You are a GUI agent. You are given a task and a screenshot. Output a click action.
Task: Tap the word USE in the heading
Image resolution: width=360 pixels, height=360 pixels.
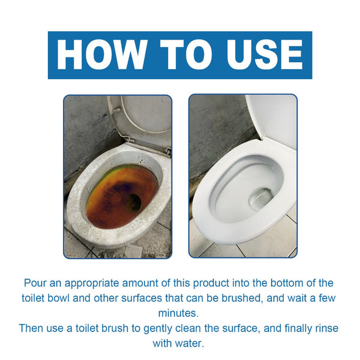click(x=260, y=55)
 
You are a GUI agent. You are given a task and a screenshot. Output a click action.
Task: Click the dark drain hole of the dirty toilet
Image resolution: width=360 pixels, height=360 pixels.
click(x=134, y=203)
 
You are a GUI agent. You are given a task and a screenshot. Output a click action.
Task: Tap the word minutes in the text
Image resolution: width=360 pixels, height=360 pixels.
click(x=179, y=313)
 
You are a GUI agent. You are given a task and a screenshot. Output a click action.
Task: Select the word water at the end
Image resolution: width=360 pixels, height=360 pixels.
click(x=193, y=344)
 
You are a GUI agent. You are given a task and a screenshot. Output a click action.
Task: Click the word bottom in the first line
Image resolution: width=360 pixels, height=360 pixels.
click(x=280, y=282)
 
